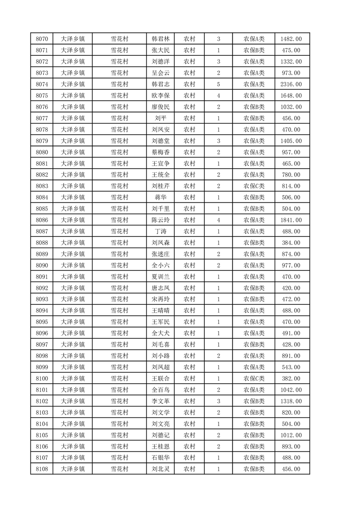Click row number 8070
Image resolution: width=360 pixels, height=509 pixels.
point(42,39)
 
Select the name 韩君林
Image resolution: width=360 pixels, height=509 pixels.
point(160,39)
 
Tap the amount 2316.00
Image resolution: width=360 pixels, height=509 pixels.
point(291,84)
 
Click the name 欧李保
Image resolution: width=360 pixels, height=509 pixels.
point(160,96)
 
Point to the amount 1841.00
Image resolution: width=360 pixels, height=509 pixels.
point(291,220)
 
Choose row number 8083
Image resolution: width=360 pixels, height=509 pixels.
point(42,186)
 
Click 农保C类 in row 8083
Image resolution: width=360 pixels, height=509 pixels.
point(254,186)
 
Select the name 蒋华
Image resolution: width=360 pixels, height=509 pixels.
point(160,197)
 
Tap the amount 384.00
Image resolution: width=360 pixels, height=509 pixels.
point(291,243)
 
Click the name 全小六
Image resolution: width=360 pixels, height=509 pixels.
point(160,265)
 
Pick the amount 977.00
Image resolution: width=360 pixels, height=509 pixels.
point(291,265)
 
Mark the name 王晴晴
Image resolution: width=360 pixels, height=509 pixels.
point(160,311)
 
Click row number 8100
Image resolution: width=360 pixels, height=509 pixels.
point(42,378)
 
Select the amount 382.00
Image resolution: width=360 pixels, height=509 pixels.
point(291,378)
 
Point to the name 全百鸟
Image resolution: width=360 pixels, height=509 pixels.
point(160,390)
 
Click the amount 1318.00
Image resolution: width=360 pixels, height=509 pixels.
point(291,401)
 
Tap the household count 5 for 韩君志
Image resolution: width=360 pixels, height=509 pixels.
point(218,84)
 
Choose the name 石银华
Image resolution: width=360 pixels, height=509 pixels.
point(160,458)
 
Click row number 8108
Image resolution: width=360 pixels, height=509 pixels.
point(42,469)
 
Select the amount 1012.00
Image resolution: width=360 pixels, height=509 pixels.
point(291,435)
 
